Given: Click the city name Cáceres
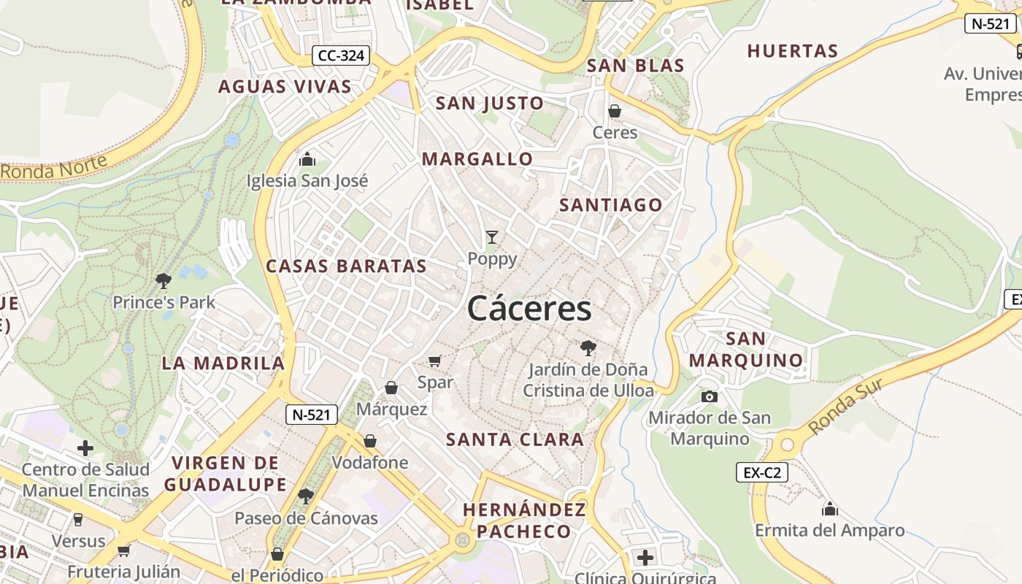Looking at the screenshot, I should pyautogui.click(x=529, y=308).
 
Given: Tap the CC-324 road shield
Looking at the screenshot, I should pyautogui.click(x=342, y=55).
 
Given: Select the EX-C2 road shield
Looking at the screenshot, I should pyautogui.click(x=761, y=472).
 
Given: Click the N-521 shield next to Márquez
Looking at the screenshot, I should pyautogui.click(x=312, y=415).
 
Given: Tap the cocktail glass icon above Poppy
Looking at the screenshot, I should pyautogui.click(x=492, y=237).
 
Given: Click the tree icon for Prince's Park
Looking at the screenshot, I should pyautogui.click(x=164, y=280).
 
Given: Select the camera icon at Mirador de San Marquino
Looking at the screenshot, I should pyautogui.click(x=709, y=396).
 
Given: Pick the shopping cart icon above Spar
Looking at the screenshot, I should pyautogui.click(x=435, y=360).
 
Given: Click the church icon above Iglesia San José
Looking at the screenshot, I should pyautogui.click(x=307, y=158).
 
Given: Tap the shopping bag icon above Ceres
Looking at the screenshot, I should pyautogui.click(x=615, y=111).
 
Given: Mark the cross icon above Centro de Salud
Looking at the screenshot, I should pyautogui.click(x=85, y=447).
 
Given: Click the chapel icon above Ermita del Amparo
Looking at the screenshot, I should pyautogui.click(x=829, y=508).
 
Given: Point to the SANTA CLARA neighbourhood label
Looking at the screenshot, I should pyautogui.click(x=515, y=439).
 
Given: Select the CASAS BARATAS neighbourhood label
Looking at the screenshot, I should pyautogui.click(x=346, y=266).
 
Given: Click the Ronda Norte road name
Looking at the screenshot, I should pyautogui.click(x=55, y=167).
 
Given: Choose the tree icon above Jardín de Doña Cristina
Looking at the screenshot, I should pyautogui.click(x=588, y=347).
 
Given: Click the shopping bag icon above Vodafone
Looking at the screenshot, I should pyautogui.click(x=370, y=441).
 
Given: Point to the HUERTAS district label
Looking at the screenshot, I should pyautogui.click(x=792, y=51).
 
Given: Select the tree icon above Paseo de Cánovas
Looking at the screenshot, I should pyautogui.click(x=306, y=496).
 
